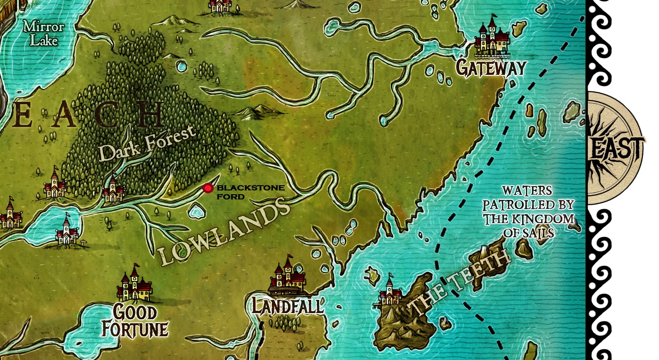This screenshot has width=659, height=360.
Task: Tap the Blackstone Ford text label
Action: (x=250, y=192)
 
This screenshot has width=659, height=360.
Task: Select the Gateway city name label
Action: (x=491, y=68)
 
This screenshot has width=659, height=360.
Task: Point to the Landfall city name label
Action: (x=287, y=306)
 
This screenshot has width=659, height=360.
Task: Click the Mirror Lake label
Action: (x=44, y=34)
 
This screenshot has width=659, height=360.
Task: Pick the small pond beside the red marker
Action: (x=195, y=210)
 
